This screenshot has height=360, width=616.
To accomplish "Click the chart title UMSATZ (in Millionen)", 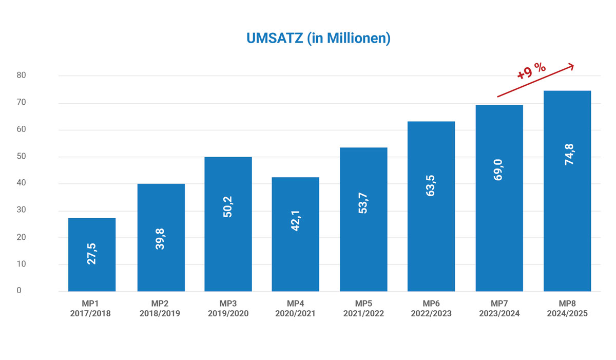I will (318, 39).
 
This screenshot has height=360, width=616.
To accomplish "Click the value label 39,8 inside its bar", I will (161, 239).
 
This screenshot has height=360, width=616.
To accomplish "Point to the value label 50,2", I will (228, 207).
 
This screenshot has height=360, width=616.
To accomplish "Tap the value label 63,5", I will (431, 185).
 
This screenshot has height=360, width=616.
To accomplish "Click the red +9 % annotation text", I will (531, 71).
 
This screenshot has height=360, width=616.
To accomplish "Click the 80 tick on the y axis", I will (21, 75).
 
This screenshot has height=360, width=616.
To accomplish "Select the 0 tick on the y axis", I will (19, 291).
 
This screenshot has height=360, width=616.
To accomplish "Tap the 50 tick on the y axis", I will (21, 156).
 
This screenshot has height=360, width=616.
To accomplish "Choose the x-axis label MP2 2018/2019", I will (160, 309).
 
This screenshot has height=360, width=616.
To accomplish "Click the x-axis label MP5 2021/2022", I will (363, 309).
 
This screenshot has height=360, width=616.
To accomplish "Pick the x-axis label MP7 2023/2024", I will (499, 309).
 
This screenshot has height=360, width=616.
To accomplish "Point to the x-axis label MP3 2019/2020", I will (228, 309).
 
